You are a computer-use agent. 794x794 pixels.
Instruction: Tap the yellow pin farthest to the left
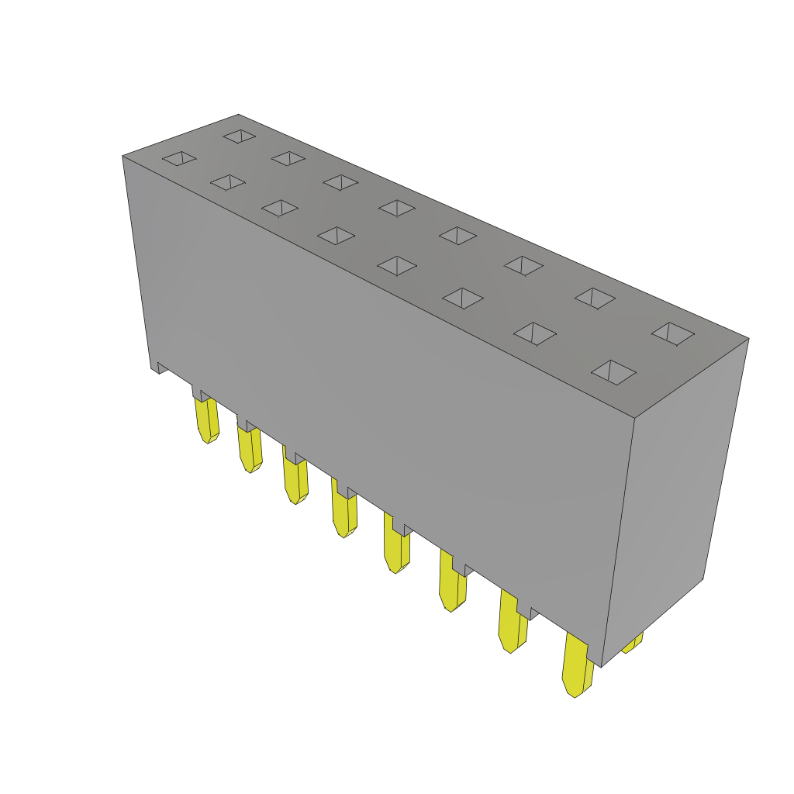[207, 419]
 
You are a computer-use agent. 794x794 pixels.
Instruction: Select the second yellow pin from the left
[250, 450]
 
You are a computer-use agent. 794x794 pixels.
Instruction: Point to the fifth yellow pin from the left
[396, 548]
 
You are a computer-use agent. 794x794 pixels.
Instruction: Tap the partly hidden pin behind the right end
[633, 643]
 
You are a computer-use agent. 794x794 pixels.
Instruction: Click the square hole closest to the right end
[673, 333]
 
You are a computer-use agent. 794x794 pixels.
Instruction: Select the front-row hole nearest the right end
[613, 372]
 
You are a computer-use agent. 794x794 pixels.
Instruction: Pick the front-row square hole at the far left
[179, 158]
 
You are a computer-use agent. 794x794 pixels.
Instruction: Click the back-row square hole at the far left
[240, 136]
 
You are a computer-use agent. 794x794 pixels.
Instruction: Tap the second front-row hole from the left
[228, 182]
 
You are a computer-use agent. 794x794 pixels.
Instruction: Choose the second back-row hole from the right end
[595, 298]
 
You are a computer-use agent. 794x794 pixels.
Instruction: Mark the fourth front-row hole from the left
[336, 235]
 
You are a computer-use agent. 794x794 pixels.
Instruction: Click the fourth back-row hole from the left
[396, 208]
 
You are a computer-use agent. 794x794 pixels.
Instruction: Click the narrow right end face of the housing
[675, 496]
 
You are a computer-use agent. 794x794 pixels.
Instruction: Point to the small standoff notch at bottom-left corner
[161, 368]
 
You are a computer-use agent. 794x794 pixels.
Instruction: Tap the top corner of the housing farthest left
[123, 156]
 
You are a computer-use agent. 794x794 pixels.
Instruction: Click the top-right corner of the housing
[748, 339]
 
